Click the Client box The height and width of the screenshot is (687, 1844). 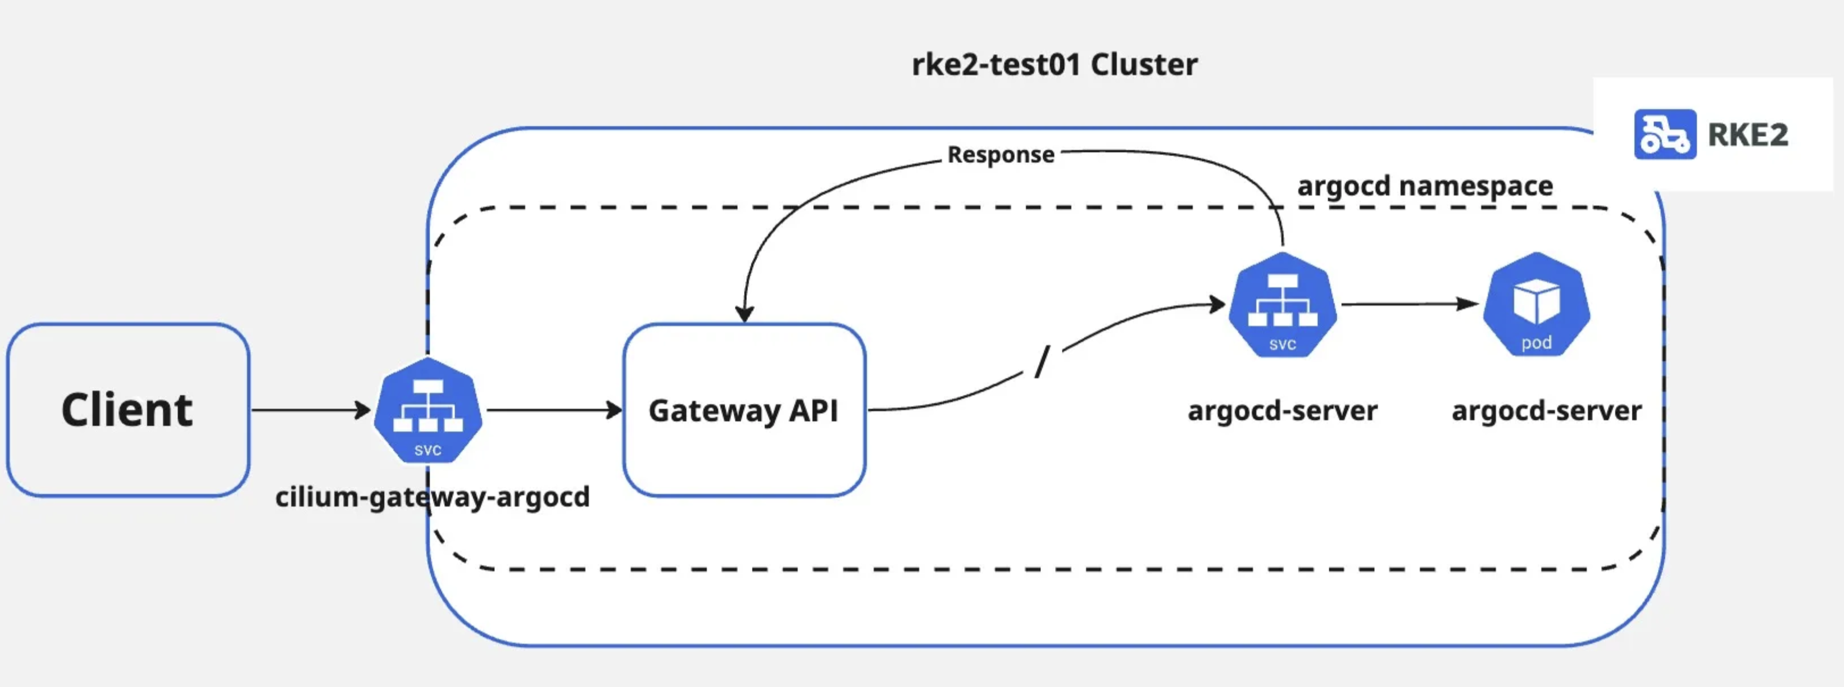(x=127, y=410)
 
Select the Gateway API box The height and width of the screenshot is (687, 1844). (x=744, y=410)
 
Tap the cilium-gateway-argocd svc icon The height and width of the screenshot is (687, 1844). (x=428, y=410)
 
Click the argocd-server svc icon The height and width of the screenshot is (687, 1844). (x=1282, y=304)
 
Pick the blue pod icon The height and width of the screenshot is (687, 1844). (x=1536, y=304)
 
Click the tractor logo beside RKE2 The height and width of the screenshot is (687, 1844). (x=1664, y=134)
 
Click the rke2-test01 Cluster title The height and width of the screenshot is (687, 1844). (x=1054, y=64)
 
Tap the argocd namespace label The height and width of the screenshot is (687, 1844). (x=1424, y=185)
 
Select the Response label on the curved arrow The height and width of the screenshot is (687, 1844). (x=1000, y=155)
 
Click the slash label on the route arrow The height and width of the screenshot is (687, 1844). (x=1042, y=361)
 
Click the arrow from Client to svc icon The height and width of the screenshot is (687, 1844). (x=309, y=410)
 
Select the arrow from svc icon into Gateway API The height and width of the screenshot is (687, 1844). (x=553, y=410)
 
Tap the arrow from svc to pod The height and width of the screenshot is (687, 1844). (x=1409, y=304)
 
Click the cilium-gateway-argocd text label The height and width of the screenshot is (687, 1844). (x=432, y=496)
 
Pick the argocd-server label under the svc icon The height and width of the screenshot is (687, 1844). (x=1282, y=411)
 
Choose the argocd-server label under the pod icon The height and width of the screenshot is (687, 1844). (x=1546, y=411)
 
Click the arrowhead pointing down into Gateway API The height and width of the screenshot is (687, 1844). (x=745, y=313)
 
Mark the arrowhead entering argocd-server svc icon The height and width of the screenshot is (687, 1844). (x=1216, y=305)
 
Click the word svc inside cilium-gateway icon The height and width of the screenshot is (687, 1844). (x=428, y=450)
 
